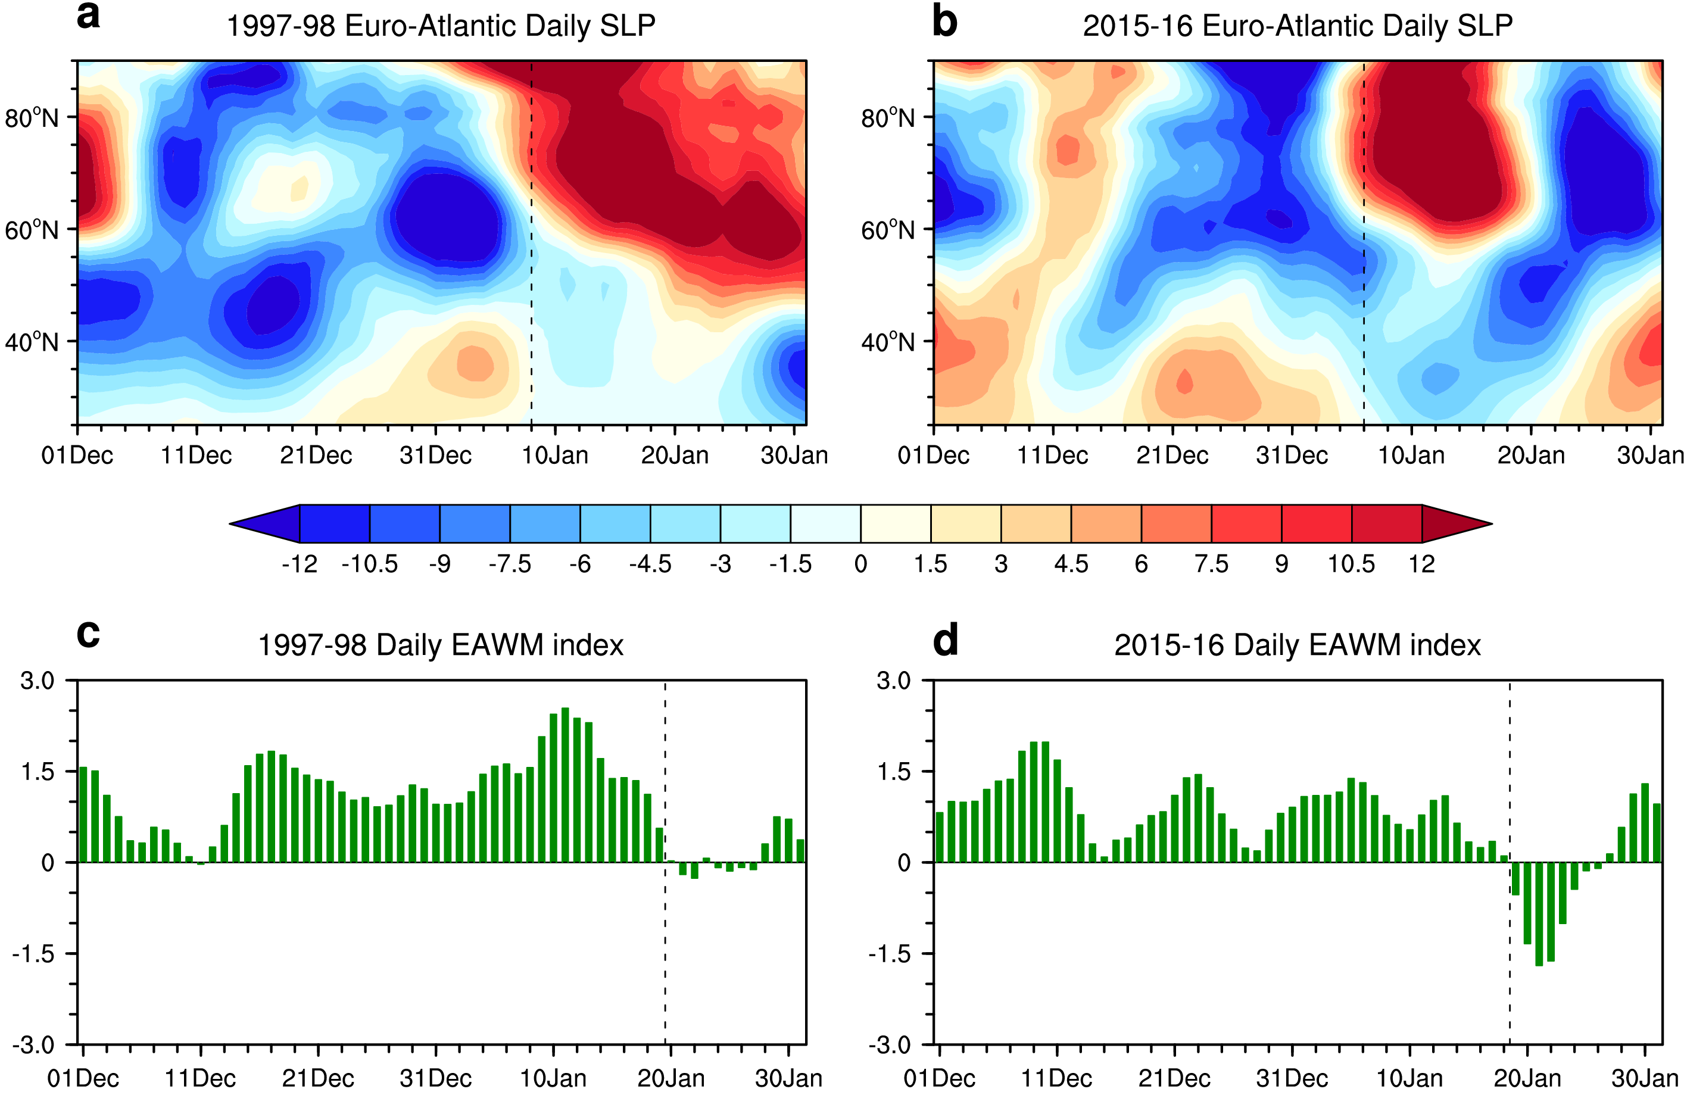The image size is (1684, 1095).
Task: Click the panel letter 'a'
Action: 89,15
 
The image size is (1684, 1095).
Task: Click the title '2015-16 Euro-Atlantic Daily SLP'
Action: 1297,26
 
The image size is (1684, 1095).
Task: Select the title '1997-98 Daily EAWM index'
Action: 440,645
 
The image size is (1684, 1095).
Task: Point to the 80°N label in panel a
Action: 32,117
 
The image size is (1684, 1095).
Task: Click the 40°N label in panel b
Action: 888,342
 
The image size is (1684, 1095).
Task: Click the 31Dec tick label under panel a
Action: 435,455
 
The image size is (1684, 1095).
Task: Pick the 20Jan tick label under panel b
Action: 1530,455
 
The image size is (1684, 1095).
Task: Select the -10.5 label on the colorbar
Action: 369,564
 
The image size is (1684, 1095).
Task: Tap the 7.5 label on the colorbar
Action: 1211,564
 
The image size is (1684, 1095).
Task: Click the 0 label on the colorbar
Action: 860,564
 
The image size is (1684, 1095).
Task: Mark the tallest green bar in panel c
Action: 565,785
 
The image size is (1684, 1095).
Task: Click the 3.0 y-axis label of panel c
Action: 38,681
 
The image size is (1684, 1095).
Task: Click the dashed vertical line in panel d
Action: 1510,990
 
